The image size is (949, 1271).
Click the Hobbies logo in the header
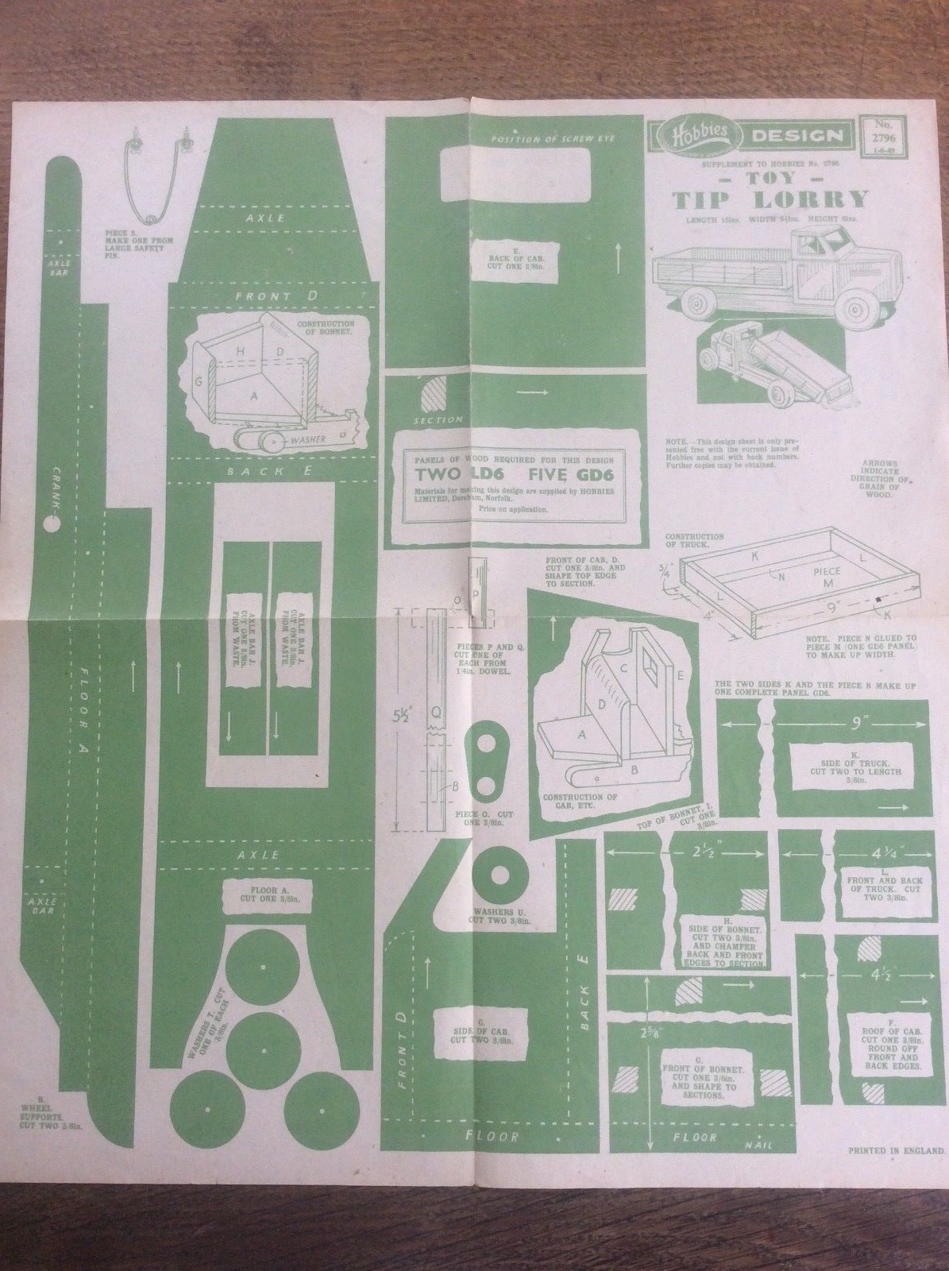(696, 136)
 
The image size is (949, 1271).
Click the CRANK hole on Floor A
(52, 525)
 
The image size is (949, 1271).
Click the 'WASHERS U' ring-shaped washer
(500, 875)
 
